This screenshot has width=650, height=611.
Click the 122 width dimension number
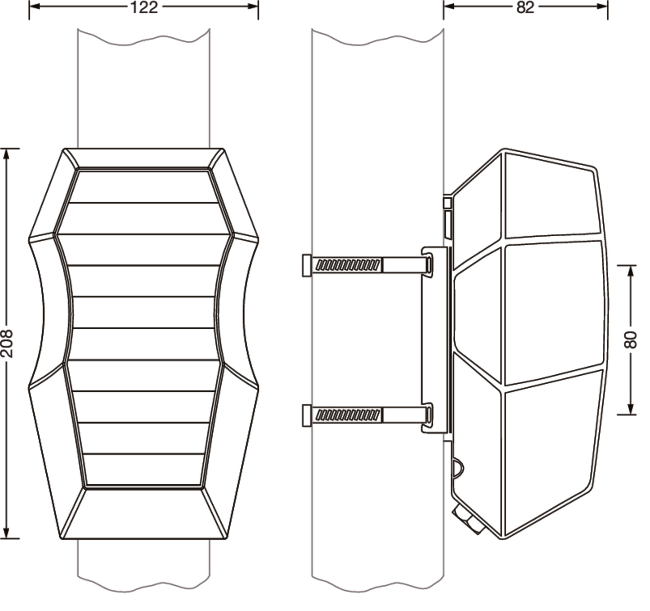[144, 7]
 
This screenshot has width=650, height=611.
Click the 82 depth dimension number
[525, 7]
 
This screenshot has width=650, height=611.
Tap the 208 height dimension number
[7, 343]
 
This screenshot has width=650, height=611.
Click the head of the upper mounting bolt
[307, 266]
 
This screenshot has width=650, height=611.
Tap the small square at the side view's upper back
[447, 203]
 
